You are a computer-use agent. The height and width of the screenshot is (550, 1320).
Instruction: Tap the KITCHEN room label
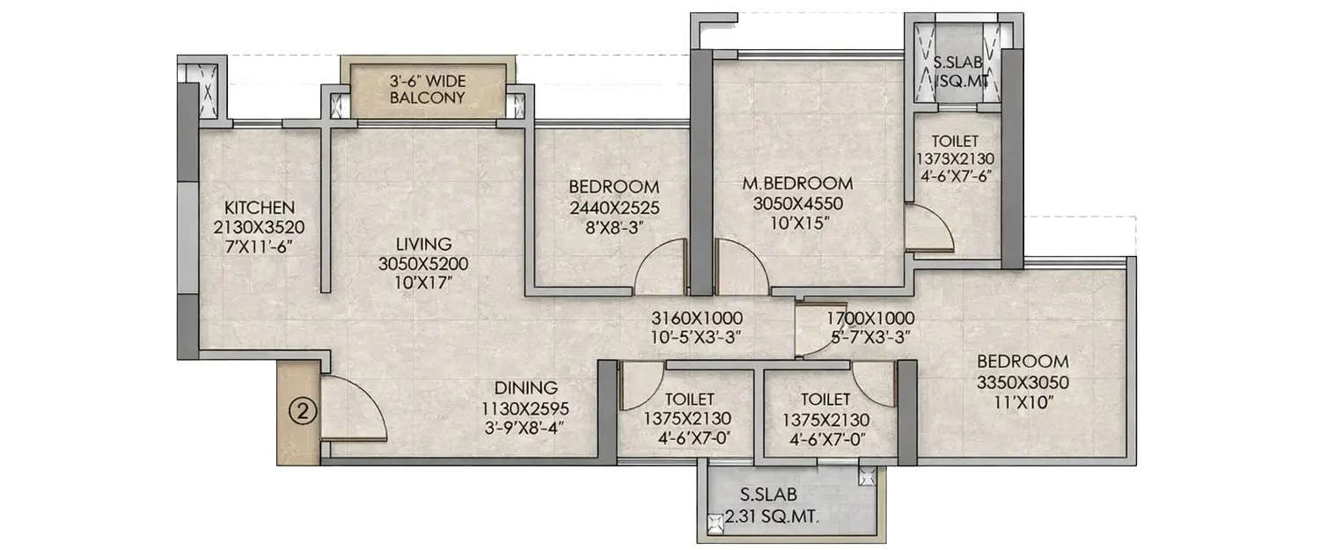(259, 208)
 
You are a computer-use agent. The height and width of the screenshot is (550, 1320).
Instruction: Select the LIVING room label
(422, 244)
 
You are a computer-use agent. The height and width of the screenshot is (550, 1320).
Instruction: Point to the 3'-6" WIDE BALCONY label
(428, 90)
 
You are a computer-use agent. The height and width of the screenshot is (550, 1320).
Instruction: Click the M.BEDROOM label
(797, 184)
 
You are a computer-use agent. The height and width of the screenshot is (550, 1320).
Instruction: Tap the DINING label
(525, 387)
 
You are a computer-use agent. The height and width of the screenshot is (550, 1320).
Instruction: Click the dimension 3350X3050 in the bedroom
(1023, 382)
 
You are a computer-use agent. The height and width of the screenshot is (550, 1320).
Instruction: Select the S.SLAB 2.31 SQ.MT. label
(769, 508)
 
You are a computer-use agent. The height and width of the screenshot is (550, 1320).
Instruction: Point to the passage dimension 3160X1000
(697, 318)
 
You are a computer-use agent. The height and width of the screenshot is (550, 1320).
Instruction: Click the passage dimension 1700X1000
(869, 318)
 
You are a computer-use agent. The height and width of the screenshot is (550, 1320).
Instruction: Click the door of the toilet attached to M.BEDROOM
(928, 228)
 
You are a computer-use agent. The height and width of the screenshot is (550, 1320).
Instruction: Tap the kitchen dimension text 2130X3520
(259, 227)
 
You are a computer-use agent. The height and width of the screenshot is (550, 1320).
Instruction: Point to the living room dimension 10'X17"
(422, 282)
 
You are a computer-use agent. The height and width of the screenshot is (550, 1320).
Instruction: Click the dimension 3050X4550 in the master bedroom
(797, 203)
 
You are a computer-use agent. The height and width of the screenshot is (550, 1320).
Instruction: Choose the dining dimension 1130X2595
(525, 407)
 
